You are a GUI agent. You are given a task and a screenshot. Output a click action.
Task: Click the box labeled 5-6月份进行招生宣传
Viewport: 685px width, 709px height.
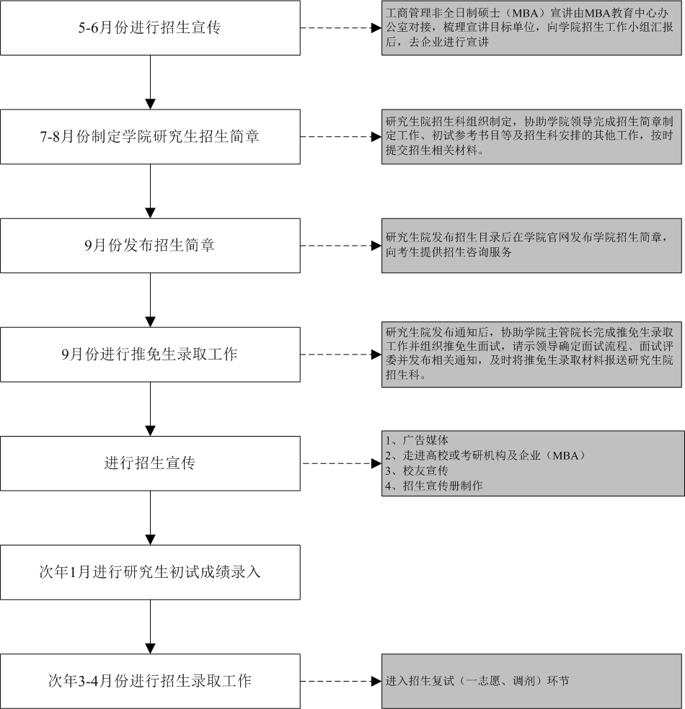pyautogui.click(x=150, y=28)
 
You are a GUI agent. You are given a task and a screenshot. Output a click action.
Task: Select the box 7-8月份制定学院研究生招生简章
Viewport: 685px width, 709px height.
pyautogui.click(x=150, y=137)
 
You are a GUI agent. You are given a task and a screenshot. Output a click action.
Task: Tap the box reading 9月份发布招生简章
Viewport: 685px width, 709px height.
pyautogui.click(x=150, y=246)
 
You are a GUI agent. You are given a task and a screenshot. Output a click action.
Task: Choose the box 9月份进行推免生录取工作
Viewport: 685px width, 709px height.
pyautogui.click(x=150, y=354)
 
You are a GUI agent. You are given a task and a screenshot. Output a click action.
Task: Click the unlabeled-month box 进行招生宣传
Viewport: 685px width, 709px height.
pyautogui.click(x=150, y=463)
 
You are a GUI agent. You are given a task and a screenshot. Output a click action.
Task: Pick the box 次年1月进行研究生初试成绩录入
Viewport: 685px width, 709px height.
pyautogui.click(x=150, y=572)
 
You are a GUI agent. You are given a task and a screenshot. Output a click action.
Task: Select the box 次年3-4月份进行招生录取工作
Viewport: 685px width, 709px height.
pyautogui.click(x=150, y=681)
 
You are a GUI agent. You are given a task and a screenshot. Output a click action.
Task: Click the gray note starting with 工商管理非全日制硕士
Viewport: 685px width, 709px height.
pyautogui.click(x=531, y=28)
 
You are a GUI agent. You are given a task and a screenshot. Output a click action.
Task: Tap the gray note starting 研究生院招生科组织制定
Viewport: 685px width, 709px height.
pyautogui.click(x=531, y=137)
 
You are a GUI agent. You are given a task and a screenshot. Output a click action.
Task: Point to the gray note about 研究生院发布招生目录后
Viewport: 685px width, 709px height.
pyautogui.click(x=531, y=246)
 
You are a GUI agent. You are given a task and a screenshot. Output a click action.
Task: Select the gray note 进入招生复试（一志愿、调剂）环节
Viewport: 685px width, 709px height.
pyautogui.click(x=531, y=681)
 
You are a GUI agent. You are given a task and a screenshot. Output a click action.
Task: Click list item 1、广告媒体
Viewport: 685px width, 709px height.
pyautogui.click(x=417, y=440)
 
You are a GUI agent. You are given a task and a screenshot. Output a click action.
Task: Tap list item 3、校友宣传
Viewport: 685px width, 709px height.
pyautogui.click(x=417, y=471)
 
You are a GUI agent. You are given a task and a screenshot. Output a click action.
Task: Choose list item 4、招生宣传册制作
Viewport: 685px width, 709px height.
pyautogui.click(x=434, y=486)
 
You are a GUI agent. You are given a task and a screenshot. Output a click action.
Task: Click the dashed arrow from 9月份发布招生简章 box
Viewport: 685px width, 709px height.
pyautogui.click(x=341, y=246)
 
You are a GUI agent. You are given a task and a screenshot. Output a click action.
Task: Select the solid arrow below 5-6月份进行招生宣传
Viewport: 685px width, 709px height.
pyautogui.click(x=150, y=82)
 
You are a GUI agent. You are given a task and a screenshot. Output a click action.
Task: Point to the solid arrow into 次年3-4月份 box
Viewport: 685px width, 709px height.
pyautogui.click(x=150, y=627)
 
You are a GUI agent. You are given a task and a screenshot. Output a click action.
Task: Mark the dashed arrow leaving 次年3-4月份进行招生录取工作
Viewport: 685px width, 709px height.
pyautogui.click(x=341, y=681)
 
